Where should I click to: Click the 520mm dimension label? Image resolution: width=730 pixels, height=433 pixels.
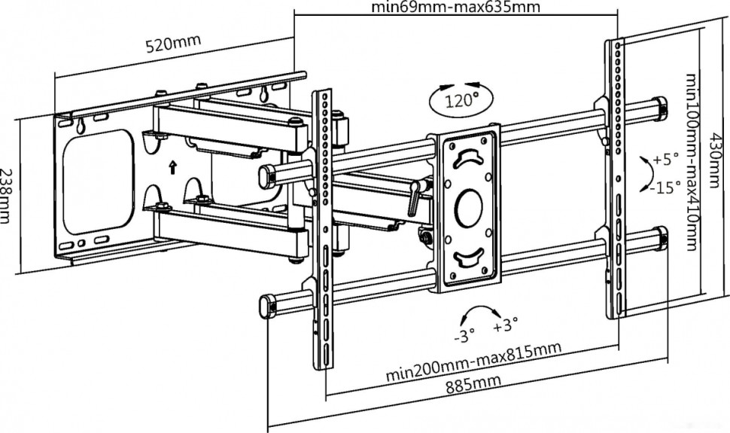tap(174, 44)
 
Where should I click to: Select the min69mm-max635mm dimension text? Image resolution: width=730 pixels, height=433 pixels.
tap(456, 7)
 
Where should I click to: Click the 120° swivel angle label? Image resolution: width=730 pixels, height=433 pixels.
tap(460, 100)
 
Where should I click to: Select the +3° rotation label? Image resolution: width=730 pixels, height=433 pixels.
tap(506, 327)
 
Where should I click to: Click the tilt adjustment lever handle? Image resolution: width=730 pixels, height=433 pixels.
tap(415, 198)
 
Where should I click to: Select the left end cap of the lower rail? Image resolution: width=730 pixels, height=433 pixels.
tap(266, 307)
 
